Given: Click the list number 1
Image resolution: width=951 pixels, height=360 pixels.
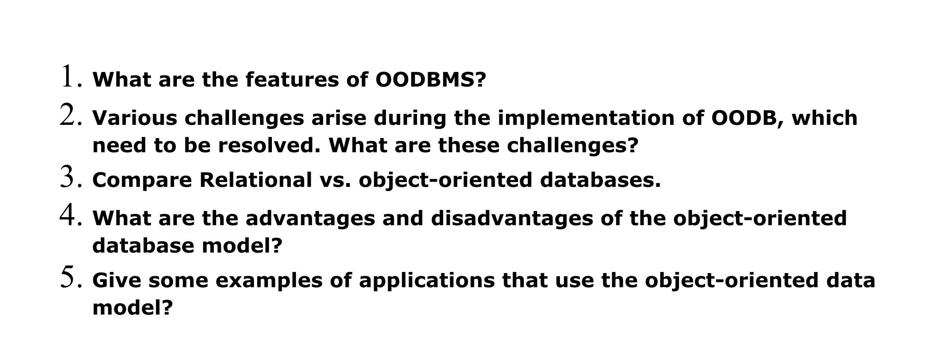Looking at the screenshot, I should pyautogui.click(x=69, y=77).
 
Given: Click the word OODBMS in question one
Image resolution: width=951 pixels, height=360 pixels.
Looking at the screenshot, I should pyautogui.click(x=430, y=79).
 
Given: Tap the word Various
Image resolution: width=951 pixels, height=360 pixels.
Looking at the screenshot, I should pyautogui.click(x=135, y=118).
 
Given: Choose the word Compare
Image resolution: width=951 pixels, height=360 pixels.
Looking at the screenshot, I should pyautogui.click(x=142, y=180).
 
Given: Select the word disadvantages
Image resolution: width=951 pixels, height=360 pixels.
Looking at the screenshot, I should pyautogui.click(x=512, y=219).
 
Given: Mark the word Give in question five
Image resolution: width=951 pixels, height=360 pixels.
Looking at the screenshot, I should pyautogui.click(x=116, y=281).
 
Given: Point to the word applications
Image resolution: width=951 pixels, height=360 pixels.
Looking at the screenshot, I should pyautogui.click(x=427, y=281).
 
